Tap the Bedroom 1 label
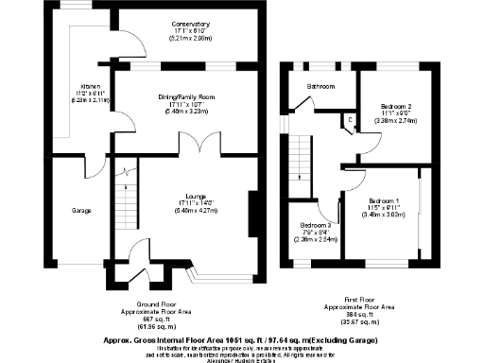[386, 202]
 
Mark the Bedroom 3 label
[315, 225]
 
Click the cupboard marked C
[351, 119]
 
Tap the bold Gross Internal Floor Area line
[241, 339]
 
